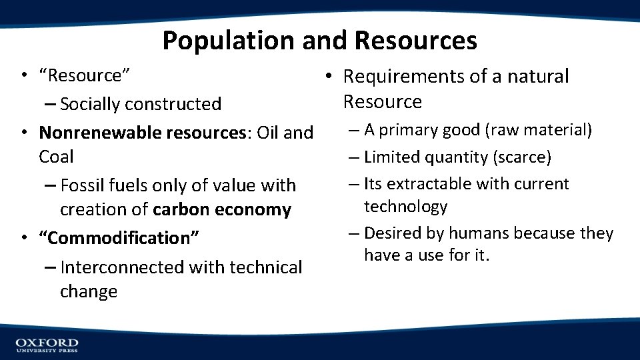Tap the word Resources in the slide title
point(416,41)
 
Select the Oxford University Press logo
point(47,345)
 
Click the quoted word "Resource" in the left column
point(84,75)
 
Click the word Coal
point(56,157)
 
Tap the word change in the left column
point(89,291)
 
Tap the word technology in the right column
point(405,207)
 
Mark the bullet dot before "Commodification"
point(23,238)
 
